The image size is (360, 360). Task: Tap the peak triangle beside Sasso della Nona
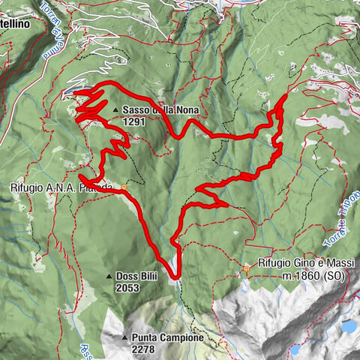[x=115, y=110]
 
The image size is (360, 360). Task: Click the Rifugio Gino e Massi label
[x=304, y=264]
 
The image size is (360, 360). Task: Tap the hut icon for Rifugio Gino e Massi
[x=246, y=268]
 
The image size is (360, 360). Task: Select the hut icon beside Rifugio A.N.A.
[x=124, y=187]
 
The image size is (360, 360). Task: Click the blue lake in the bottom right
[x=349, y=327]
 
